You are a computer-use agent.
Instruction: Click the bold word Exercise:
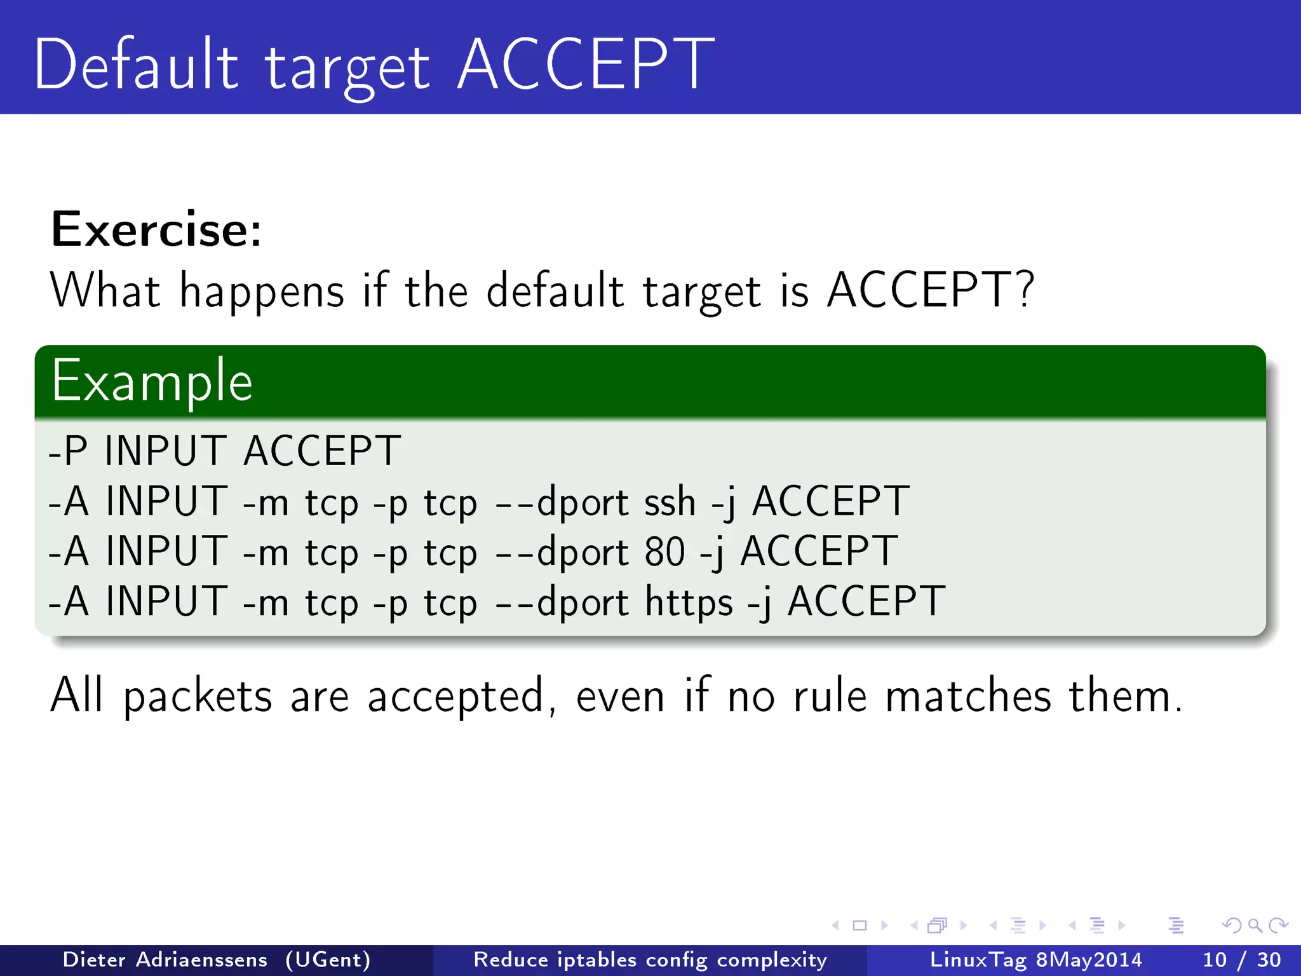click(x=156, y=229)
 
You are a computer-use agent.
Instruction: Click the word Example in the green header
click(x=152, y=382)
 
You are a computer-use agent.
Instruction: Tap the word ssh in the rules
click(x=670, y=501)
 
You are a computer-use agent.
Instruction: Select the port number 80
click(x=664, y=552)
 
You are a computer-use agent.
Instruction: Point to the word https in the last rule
click(x=689, y=601)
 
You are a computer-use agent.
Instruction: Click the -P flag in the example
click(x=67, y=451)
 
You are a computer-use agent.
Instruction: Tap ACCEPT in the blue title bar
click(x=586, y=65)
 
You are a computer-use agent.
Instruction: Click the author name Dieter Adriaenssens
click(x=165, y=959)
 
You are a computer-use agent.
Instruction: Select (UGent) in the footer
click(x=328, y=959)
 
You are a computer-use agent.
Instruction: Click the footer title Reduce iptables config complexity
click(x=650, y=959)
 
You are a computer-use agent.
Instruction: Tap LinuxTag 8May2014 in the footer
click(x=1035, y=959)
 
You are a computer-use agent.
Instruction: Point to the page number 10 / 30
click(x=1241, y=959)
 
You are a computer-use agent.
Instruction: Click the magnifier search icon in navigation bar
click(x=1255, y=925)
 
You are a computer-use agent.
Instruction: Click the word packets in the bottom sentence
click(x=198, y=696)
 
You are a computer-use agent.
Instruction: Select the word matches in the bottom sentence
click(x=968, y=696)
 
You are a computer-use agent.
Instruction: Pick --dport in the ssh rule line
click(x=562, y=502)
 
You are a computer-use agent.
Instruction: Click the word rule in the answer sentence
click(x=830, y=696)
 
